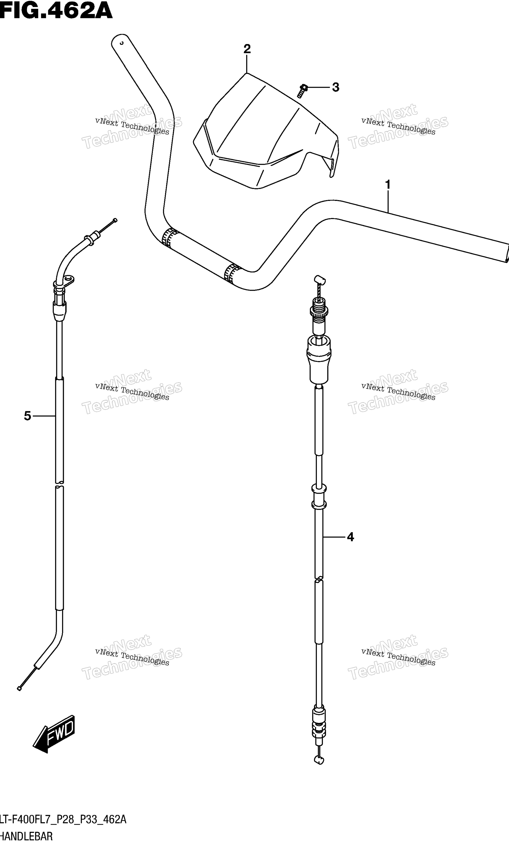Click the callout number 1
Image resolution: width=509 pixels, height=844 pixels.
[x=388, y=185]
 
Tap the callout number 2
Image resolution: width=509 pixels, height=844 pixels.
[x=247, y=49]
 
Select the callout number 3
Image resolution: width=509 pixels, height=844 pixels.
[x=336, y=87]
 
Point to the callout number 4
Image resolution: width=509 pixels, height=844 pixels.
[x=350, y=537]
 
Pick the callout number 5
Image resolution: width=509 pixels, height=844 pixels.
[x=27, y=416]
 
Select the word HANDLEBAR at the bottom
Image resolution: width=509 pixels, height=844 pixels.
[x=26, y=837]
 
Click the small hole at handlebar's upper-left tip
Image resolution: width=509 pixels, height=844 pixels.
[x=121, y=43]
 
